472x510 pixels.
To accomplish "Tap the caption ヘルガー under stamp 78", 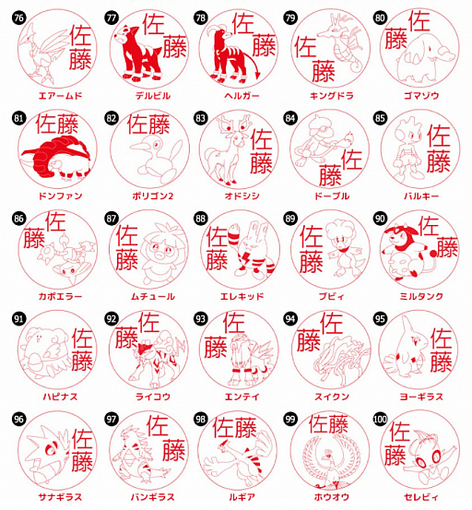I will tap(235, 95).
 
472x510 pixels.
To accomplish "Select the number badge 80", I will tap(380, 18).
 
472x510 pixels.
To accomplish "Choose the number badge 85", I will tap(380, 118).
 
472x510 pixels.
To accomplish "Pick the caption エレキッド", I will tap(235, 296).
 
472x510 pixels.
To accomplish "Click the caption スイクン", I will tap(325, 396).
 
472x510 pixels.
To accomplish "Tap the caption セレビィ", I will tap(417, 495).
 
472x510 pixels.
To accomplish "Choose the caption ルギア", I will tap(235, 495).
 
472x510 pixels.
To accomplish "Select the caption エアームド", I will tap(54, 95).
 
